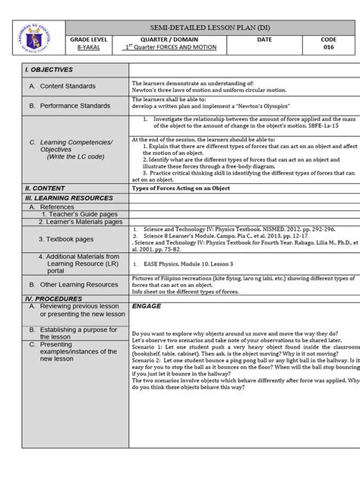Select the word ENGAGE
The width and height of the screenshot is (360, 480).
point(147,308)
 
